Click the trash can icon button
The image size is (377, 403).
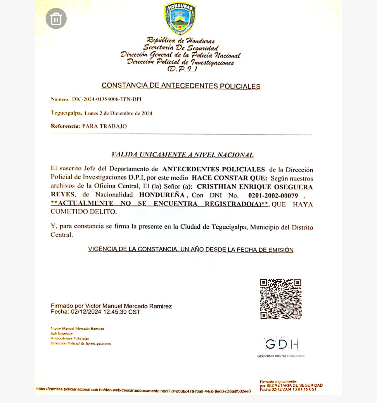coord(56,19)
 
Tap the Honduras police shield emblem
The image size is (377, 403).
coord(180,18)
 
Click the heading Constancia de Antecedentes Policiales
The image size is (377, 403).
coord(181,86)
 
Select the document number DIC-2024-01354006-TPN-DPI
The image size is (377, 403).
coord(107,99)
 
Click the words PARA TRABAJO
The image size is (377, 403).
coord(104,126)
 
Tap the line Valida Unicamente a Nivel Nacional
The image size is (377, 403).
coord(182,155)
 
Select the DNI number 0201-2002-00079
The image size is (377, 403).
coord(273,195)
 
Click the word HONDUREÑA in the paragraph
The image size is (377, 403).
coord(162,195)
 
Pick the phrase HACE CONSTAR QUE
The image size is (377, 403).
coord(229,178)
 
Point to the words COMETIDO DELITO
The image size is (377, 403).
coord(84,212)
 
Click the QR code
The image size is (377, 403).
coord(281,299)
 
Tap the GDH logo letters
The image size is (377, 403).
coord(282,344)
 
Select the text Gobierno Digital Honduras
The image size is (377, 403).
coord(281,356)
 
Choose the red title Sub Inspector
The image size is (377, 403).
coord(62,333)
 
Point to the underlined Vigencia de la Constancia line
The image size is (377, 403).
coord(191,249)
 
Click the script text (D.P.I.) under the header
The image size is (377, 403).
coord(182,69)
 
